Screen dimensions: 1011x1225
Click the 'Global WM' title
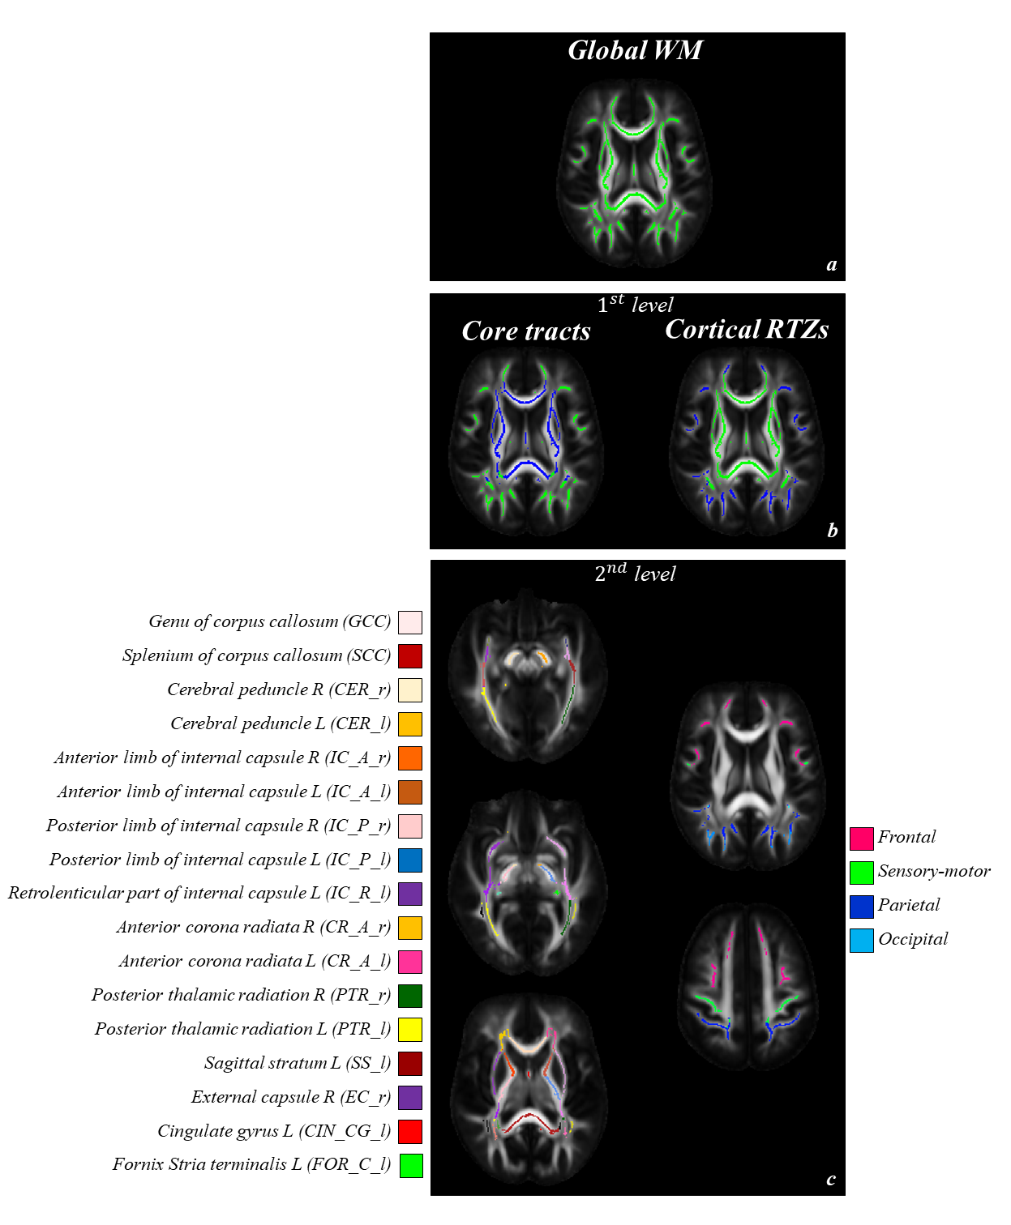tap(635, 51)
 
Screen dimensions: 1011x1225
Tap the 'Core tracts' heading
tap(526, 331)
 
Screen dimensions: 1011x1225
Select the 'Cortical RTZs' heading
tap(747, 330)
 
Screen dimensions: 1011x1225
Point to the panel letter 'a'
tap(831, 265)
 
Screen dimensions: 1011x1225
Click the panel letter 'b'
tap(832, 531)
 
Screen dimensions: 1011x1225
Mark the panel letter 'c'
tap(831, 1180)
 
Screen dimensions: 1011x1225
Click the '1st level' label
tap(636, 305)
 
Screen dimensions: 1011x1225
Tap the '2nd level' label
tap(636, 573)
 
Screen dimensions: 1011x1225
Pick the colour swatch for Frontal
tap(861, 838)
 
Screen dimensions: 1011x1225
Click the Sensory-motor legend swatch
tap(861, 872)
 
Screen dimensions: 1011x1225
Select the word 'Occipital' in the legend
tap(913, 940)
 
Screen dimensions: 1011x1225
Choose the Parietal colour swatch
tap(861, 906)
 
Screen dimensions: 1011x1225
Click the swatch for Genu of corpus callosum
tap(410, 622)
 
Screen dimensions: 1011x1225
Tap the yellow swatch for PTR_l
tap(410, 1030)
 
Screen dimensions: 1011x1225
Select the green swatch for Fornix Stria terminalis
tap(411, 1165)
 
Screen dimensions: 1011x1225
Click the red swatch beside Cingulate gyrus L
tap(410, 1131)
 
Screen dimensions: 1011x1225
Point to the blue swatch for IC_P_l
tap(410, 860)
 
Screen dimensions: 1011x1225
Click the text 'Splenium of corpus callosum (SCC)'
tap(256, 655)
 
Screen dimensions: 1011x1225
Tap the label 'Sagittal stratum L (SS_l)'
tap(298, 1063)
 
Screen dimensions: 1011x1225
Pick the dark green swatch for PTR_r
tap(410, 996)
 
